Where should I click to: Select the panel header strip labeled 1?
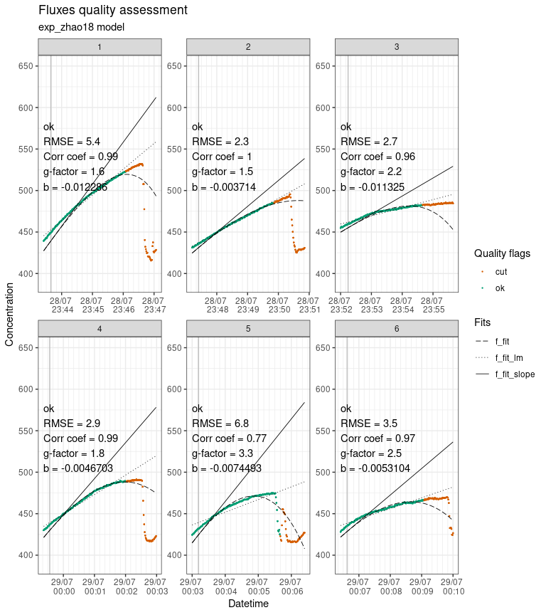100,46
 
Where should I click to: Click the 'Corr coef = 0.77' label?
229,438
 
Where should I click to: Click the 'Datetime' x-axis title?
247,604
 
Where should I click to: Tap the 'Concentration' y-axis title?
9,313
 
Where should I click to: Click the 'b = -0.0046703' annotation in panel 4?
81,468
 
